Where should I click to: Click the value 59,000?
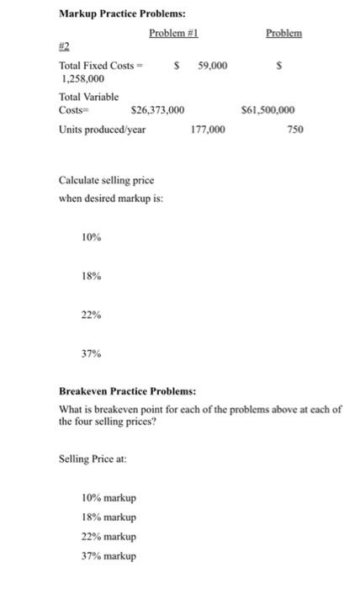(x=211, y=66)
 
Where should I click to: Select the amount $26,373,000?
(x=158, y=110)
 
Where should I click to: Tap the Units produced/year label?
(x=102, y=130)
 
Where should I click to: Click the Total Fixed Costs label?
(x=99, y=66)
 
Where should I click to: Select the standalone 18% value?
(x=91, y=277)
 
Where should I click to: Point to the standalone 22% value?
(x=91, y=315)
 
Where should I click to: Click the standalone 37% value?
(x=91, y=353)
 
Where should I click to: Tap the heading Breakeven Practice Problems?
(x=126, y=392)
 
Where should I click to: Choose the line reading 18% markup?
(x=109, y=517)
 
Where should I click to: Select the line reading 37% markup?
(x=109, y=555)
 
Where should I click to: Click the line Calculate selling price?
(x=106, y=181)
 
